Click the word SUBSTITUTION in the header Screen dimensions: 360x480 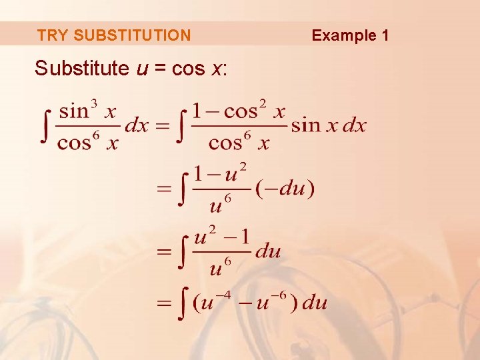coord(132,35)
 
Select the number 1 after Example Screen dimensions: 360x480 coord(385,35)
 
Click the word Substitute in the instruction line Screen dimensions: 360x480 coord(81,68)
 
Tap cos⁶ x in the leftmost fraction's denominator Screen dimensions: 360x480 coord(87,141)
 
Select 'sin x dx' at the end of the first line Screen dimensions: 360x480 coord(329,125)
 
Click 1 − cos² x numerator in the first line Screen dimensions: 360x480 coord(239,109)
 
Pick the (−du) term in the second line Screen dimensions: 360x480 coord(285,189)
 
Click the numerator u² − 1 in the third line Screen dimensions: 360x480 coord(221,237)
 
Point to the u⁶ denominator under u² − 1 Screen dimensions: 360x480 coord(220,267)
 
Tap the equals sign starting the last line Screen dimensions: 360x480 coord(164,303)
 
